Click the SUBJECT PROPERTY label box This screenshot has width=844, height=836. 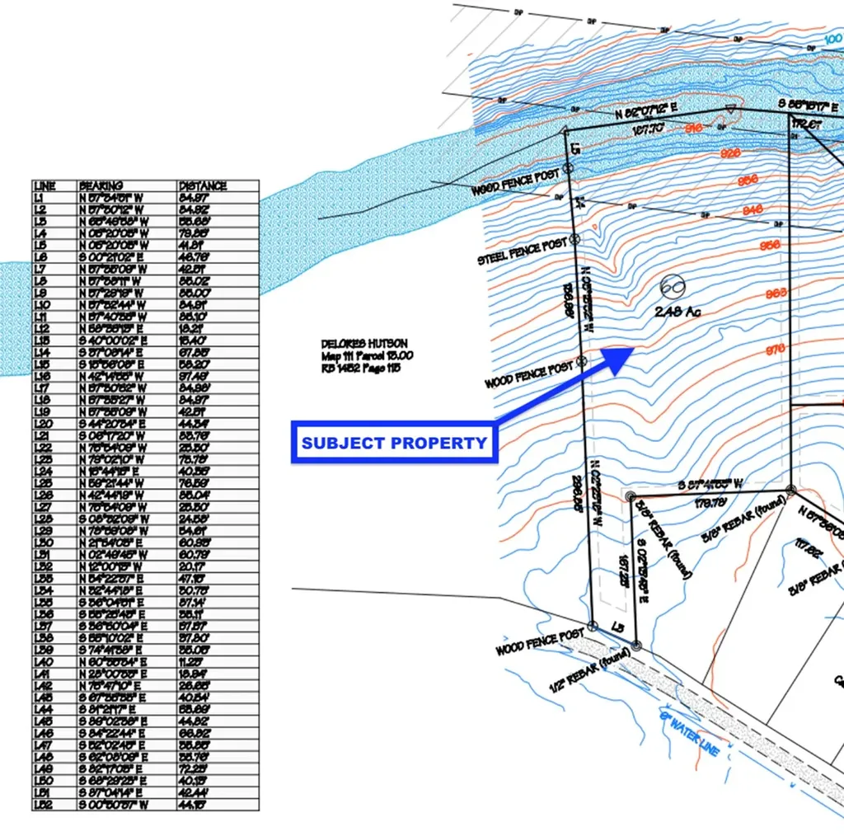[x=394, y=443]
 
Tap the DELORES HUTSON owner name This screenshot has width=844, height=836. [x=364, y=344]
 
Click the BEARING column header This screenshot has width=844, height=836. [x=101, y=186]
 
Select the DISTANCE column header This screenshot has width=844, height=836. [x=202, y=186]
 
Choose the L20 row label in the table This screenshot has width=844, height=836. [x=43, y=424]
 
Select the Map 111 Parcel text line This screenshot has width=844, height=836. [x=368, y=355]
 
